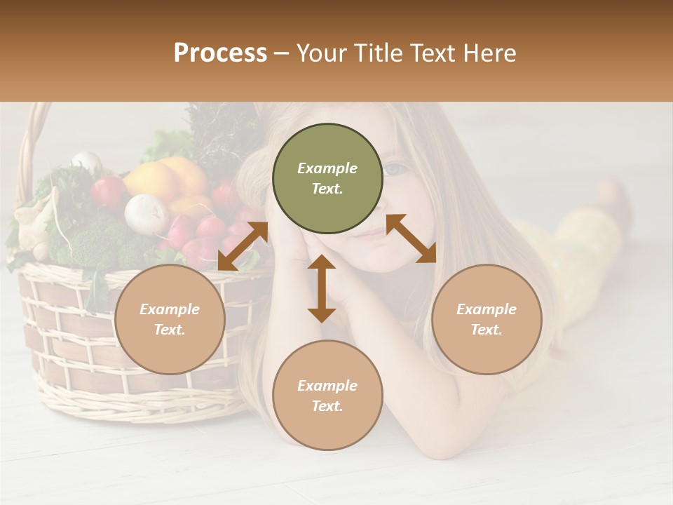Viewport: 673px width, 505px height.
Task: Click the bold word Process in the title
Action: [220, 53]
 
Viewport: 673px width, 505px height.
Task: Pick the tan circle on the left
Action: [170, 319]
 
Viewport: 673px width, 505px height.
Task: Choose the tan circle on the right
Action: [487, 319]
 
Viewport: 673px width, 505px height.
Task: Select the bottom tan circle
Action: [327, 395]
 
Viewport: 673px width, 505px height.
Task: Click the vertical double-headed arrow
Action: [322, 289]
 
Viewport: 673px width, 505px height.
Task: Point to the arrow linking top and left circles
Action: [243, 245]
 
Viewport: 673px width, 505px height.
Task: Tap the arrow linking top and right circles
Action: [411, 238]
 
